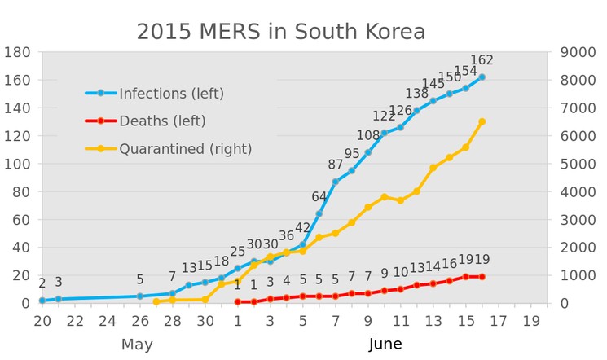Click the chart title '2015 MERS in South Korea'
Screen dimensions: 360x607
coord(280,32)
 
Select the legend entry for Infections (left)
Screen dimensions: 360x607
coord(171,94)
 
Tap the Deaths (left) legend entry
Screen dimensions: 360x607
coord(162,121)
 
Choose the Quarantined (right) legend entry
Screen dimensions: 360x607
coord(185,149)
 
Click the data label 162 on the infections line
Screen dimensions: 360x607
coord(482,60)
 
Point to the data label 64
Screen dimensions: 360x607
coord(319,196)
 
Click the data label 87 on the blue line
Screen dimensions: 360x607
coord(336,165)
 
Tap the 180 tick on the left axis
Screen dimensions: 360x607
coord(17,52)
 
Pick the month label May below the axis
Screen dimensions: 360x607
coord(137,345)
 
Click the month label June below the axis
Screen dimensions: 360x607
coord(385,345)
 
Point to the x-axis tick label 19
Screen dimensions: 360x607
coord(531,321)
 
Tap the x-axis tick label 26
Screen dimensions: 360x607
coord(140,321)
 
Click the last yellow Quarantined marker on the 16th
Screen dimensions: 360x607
coord(482,121)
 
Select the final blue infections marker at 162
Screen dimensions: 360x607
coord(482,77)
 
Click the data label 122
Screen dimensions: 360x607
coord(384,116)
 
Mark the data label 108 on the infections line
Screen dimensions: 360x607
coord(368,135)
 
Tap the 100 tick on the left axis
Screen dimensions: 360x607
coord(17,164)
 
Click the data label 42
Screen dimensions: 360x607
coord(303,228)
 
